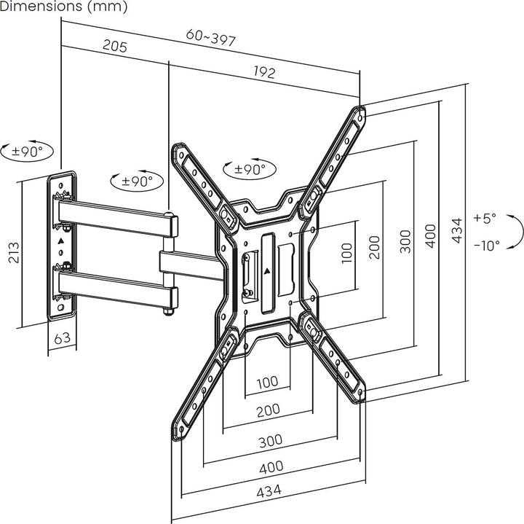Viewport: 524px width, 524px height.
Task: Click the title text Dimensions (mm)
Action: click(64, 7)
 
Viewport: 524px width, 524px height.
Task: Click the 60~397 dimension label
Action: click(210, 38)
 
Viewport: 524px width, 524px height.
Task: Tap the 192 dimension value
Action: click(265, 71)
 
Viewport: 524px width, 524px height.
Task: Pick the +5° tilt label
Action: click(484, 217)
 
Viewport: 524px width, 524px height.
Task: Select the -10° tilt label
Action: click(486, 246)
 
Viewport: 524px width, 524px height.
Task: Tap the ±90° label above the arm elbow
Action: click(138, 181)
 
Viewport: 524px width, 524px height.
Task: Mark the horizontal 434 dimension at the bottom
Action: click(269, 490)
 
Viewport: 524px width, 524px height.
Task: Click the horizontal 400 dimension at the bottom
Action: click(270, 466)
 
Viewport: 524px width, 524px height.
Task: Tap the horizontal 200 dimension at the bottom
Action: click(269, 411)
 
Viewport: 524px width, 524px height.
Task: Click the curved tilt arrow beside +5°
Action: click(516, 232)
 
